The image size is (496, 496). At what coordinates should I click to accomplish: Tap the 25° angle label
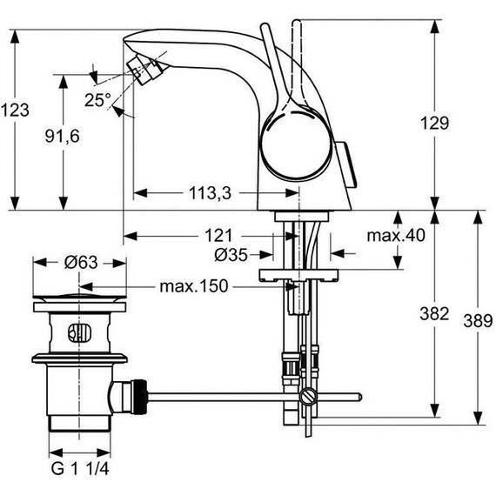[97, 99]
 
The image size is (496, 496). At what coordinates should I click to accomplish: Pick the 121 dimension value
[218, 235]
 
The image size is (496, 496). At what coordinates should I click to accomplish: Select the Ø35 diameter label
[230, 255]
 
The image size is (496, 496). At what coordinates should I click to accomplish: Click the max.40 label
[393, 235]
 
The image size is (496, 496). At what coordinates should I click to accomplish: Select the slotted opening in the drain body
[79, 332]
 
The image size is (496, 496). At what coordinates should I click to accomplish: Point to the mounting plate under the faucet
[298, 277]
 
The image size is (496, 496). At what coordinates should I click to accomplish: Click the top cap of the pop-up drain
[79, 303]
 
